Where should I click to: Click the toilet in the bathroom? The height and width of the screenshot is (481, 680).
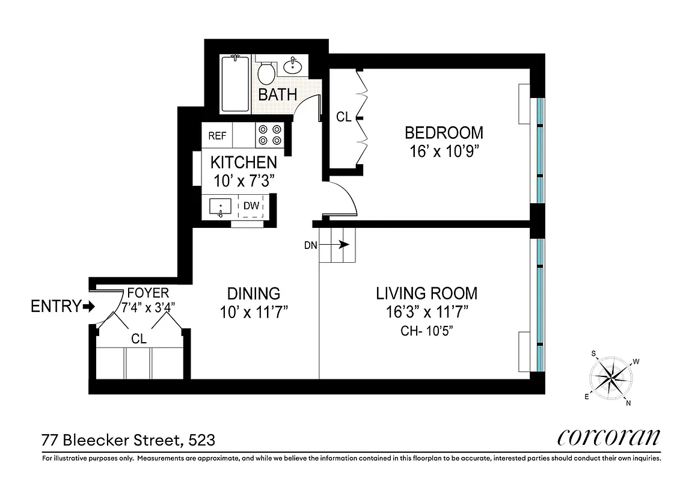point(266,72)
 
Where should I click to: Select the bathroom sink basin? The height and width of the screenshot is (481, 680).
point(294,65)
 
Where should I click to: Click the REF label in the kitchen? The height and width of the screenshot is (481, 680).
point(217,136)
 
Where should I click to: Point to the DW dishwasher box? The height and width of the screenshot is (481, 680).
point(251,206)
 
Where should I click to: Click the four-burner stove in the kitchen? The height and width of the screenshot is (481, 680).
point(269,135)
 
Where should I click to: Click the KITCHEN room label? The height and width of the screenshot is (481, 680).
point(244,162)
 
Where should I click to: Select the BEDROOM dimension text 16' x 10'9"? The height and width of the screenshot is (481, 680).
point(444,150)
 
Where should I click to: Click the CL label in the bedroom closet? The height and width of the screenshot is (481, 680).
point(343,117)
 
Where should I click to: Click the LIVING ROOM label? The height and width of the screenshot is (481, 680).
point(427,293)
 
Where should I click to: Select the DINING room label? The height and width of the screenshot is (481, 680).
point(253,293)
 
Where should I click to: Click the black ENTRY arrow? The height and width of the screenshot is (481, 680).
point(90,307)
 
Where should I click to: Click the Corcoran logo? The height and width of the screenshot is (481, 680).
point(609,437)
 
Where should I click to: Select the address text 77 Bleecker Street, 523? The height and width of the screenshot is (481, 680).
point(128,440)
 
